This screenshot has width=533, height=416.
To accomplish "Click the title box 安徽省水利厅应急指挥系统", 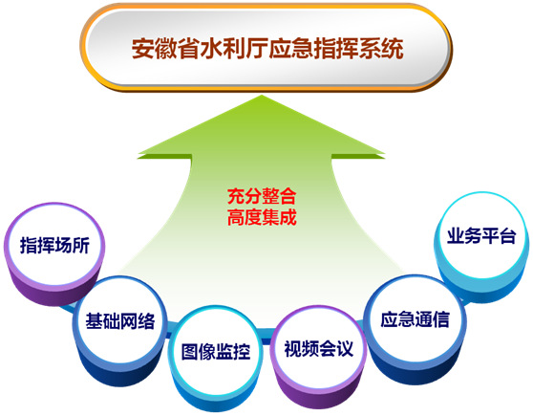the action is pos(266,48).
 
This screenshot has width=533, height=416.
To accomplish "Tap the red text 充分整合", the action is pos(262,196).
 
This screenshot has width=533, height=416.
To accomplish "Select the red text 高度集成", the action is pos(262,217).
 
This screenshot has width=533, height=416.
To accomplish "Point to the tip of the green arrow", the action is pos(262,96).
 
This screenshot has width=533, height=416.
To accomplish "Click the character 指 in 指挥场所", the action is pos(29,245).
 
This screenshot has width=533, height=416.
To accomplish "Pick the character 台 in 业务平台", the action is pos(507,235).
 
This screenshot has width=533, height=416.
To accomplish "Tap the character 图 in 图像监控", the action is pos(190,351).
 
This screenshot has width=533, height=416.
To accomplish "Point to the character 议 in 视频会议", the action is pos(345,348).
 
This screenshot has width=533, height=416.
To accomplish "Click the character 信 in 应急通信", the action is pos(441,319).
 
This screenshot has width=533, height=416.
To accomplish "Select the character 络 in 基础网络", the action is pos(146,320).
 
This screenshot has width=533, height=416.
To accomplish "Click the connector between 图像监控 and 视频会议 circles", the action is pos(266,335).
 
